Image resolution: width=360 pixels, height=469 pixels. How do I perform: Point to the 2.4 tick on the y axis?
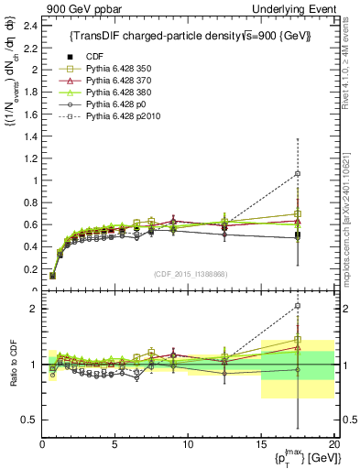click(29, 25)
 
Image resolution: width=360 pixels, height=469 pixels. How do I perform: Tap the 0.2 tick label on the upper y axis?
click(29, 268)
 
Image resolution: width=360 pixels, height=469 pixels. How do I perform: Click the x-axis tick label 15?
click(261, 444)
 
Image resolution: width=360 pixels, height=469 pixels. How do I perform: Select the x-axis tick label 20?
click(333, 444)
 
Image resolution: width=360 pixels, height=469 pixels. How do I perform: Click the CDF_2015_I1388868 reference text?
click(188, 275)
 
